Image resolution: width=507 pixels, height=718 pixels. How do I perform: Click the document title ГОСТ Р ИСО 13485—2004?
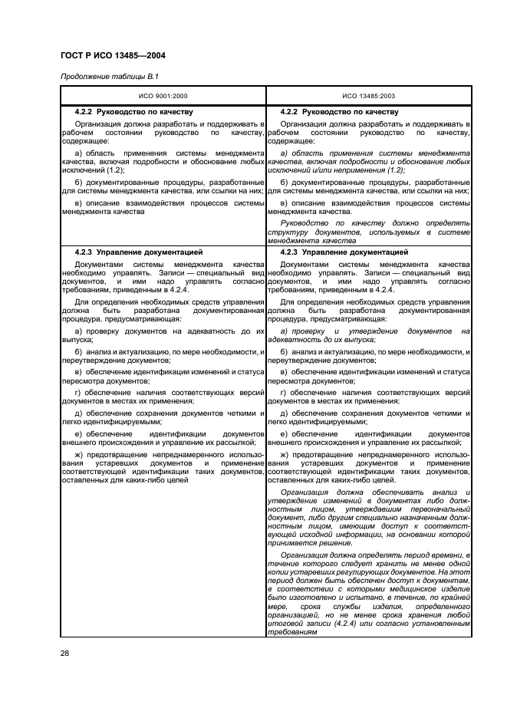point(112,55)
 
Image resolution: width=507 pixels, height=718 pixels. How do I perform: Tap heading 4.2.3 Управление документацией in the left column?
point(139,252)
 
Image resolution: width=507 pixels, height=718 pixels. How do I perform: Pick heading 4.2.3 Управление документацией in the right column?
point(344,252)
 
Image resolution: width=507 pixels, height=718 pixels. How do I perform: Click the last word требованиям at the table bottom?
point(294,632)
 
